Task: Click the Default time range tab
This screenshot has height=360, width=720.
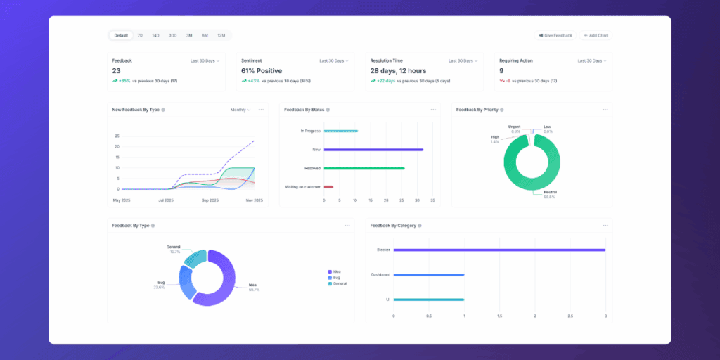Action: pos(121,35)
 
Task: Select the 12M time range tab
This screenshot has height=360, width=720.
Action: pos(221,35)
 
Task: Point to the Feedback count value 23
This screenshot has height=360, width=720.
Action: pos(117,71)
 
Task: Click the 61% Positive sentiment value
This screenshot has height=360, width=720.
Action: pos(262,71)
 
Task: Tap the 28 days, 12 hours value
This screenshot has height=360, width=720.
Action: pos(398,71)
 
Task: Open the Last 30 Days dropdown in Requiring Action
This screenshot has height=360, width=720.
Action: pos(591,61)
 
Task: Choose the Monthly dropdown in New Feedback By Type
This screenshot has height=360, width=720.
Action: pos(240,110)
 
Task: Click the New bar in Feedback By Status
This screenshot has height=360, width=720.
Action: pos(373,150)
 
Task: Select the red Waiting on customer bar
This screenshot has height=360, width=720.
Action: pos(328,187)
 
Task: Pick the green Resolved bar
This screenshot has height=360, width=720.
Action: pos(364,168)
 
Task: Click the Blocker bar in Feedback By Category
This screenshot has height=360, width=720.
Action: pos(499,250)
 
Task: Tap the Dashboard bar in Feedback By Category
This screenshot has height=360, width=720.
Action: pos(429,275)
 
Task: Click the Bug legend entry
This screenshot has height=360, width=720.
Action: pos(335,278)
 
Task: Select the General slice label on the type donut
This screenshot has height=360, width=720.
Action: pos(174,247)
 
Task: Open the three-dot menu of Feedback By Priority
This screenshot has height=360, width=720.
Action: pos(605,110)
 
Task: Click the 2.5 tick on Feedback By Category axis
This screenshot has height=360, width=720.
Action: pos(570,316)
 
